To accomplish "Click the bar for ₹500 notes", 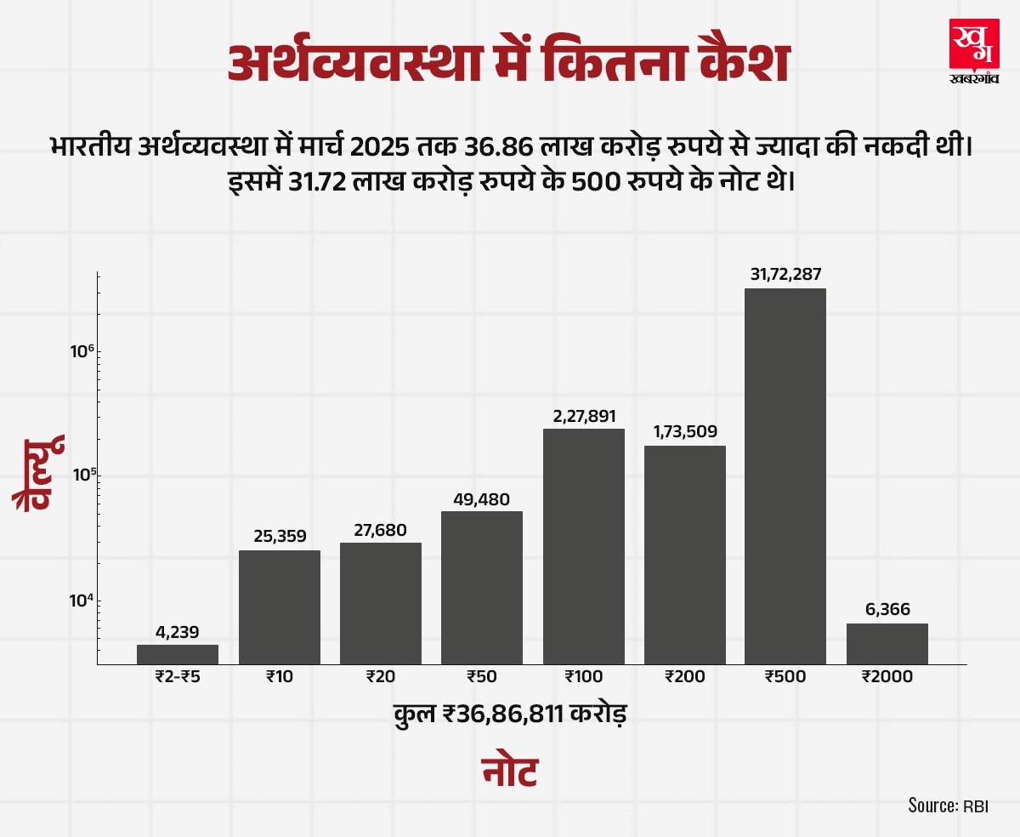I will (x=785, y=476).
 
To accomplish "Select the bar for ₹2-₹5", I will (x=178, y=654).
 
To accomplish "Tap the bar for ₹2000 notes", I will (x=887, y=643).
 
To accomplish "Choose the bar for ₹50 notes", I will (x=482, y=587).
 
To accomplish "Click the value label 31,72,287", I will (x=785, y=275).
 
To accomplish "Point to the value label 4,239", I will (x=178, y=632).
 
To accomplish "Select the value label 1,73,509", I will (x=684, y=431).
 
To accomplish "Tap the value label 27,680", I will (x=381, y=529).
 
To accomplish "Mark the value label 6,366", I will (x=887, y=610).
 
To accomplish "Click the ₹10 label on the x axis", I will (x=279, y=677).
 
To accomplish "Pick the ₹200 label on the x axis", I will (x=684, y=677).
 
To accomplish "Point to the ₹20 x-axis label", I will (x=381, y=677).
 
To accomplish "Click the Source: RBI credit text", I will (x=948, y=806).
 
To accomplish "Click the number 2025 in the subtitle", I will (x=380, y=147).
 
